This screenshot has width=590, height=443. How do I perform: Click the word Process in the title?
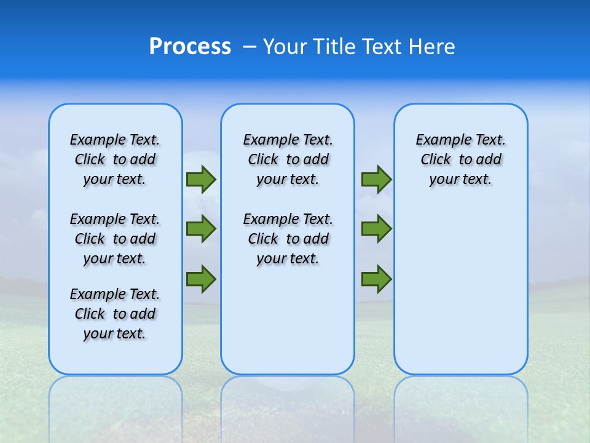[x=190, y=47]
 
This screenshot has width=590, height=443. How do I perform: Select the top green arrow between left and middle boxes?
[x=201, y=180]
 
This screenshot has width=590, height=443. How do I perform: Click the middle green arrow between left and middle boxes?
[x=201, y=229]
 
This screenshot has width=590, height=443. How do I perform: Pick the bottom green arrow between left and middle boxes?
[x=201, y=279]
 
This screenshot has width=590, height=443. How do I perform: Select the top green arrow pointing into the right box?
[x=376, y=180]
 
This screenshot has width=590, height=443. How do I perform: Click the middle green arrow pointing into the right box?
[x=376, y=229]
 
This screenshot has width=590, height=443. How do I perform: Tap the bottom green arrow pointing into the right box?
[x=376, y=279]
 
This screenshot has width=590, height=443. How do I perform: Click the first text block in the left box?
[x=115, y=159]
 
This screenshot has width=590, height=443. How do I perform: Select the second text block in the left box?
[x=115, y=239]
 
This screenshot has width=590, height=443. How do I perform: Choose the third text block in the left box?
[x=115, y=314]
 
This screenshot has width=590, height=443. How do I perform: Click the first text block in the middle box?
[x=288, y=159]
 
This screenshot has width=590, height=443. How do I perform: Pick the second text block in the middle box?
[x=288, y=239]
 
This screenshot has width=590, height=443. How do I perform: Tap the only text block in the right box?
[x=460, y=159]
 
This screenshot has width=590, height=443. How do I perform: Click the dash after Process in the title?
[x=249, y=47]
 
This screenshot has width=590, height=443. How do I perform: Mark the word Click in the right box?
[x=436, y=160]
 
